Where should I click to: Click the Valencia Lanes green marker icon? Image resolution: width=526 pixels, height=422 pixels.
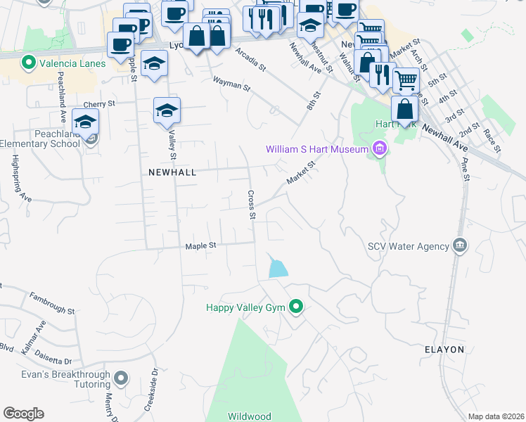click(x=29, y=63)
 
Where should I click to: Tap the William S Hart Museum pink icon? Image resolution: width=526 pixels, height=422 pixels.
click(x=380, y=148)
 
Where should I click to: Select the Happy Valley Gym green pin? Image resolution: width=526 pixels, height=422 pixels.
click(x=296, y=307)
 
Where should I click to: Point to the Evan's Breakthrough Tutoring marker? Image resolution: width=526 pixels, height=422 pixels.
click(x=121, y=378)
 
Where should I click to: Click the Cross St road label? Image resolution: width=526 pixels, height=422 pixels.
click(x=250, y=204)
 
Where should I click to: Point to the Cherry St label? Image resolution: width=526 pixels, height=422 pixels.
click(x=101, y=103)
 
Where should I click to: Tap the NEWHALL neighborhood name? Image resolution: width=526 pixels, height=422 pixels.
click(x=172, y=172)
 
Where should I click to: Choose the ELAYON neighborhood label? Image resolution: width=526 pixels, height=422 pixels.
click(x=444, y=349)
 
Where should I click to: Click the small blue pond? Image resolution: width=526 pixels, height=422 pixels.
click(x=278, y=267)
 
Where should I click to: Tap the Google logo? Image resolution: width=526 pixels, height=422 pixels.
click(x=23, y=414)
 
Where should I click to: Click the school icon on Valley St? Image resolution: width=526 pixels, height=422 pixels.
click(x=167, y=110)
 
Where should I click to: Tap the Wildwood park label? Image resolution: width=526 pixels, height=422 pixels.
click(x=250, y=416)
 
